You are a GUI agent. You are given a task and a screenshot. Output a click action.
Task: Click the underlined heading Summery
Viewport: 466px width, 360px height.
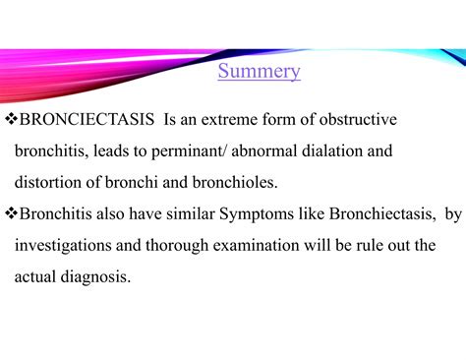point(259,72)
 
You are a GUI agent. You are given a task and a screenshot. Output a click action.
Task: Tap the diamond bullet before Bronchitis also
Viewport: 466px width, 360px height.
point(11,214)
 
